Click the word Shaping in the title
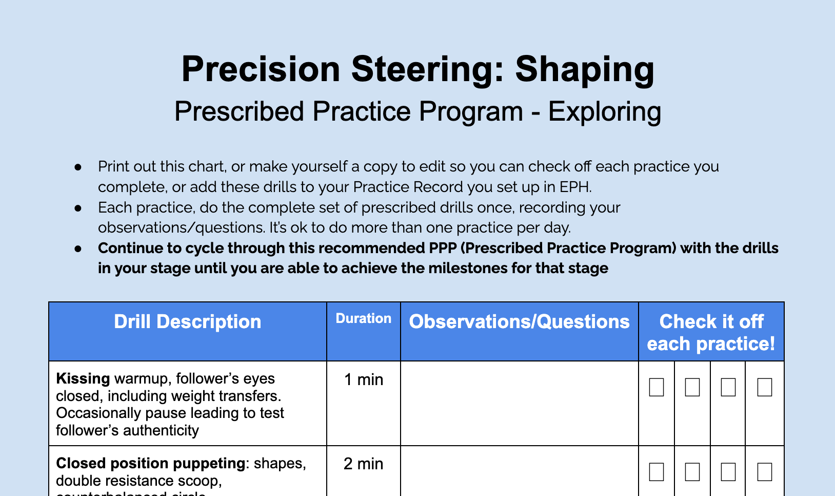tap(585, 69)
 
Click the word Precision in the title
tap(261, 69)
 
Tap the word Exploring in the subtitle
tap(605, 112)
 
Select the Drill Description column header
tap(188, 322)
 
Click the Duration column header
tap(363, 319)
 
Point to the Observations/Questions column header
tap(519, 322)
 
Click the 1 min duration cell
tap(363, 380)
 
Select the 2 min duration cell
tap(363, 464)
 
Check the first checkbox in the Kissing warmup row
tap(657, 387)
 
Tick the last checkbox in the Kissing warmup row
tap(764, 387)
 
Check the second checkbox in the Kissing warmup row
tap(692, 387)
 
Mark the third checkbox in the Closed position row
tap(728, 472)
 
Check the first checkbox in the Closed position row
tap(657, 472)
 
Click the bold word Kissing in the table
tap(83, 379)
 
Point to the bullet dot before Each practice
tap(78, 208)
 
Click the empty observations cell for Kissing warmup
tap(519, 404)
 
